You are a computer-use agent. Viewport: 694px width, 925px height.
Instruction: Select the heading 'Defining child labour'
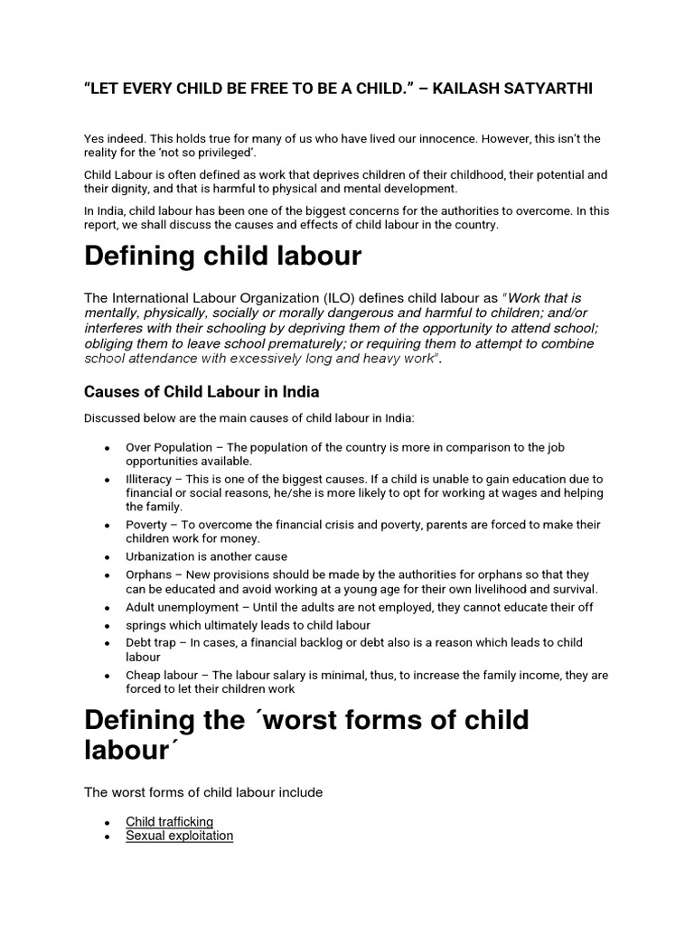222,257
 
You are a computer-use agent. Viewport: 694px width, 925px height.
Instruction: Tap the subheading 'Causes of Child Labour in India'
202,392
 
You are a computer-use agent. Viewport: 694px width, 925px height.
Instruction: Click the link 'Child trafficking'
169,821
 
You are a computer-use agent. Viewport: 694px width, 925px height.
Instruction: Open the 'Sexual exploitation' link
179,836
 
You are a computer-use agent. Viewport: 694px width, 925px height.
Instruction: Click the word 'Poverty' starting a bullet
147,525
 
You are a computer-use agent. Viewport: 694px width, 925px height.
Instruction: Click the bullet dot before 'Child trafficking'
108,823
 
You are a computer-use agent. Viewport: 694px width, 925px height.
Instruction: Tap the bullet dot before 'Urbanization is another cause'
108,557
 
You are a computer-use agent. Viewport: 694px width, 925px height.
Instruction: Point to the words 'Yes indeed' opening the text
113,138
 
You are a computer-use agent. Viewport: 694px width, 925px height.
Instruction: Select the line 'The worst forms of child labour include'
203,792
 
